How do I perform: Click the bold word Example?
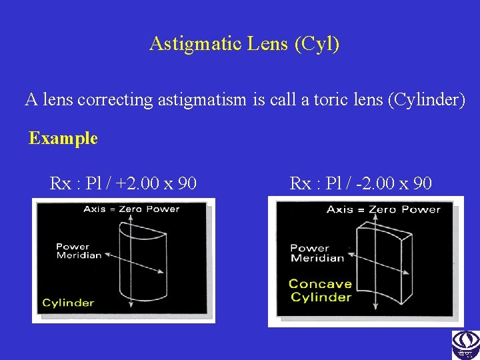click(x=63, y=139)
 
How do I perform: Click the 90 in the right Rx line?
click(x=422, y=183)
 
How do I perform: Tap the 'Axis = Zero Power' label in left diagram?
click(x=131, y=209)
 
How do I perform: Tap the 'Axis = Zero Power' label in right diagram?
click(x=383, y=210)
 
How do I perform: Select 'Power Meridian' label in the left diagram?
click(x=79, y=251)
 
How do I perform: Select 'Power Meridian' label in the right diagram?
click(x=317, y=253)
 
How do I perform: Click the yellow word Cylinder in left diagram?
click(x=68, y=303)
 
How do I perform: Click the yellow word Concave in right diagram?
click(x=319, y=284)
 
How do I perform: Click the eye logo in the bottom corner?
click(x=465, y=345)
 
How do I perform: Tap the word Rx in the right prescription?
click(x=300, y=183)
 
